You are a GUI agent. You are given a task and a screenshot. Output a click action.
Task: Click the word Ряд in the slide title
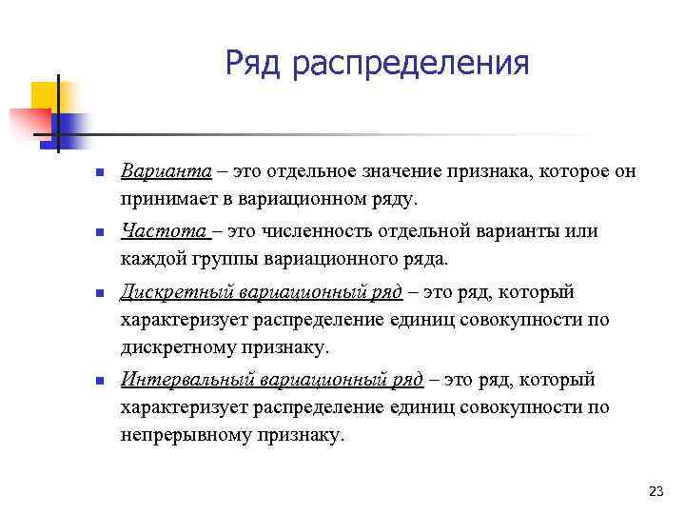(256, 64)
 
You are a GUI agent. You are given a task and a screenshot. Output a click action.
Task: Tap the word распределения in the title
(410, 65)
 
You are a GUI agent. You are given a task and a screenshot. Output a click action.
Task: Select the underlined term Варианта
(157, 170)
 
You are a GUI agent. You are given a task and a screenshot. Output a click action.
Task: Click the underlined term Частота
(153, 230)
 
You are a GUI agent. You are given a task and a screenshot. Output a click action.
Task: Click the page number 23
(655, 491)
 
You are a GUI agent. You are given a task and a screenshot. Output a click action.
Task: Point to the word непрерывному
(182, 435)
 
